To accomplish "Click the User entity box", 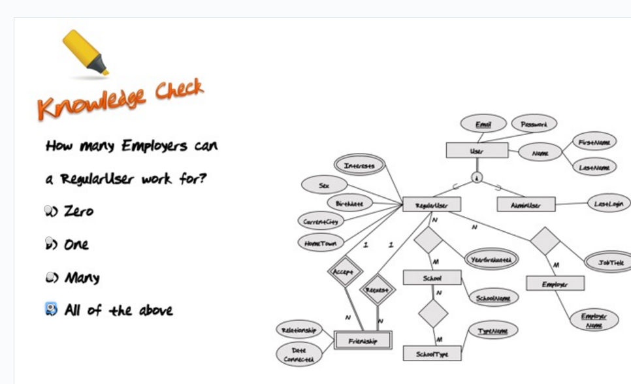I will (x=477, y=150).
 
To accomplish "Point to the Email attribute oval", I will (x=483, y=123).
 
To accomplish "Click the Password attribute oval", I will (x=534, y=123).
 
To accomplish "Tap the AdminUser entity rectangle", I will (x=526, y=204).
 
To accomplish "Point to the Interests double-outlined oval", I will (x=359, y=166).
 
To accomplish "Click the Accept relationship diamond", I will (x=344, y=270).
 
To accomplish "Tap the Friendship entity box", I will (x=362, y=340).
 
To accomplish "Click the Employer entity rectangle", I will (x=555, y=283).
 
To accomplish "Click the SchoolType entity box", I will (x=431, y=353).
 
